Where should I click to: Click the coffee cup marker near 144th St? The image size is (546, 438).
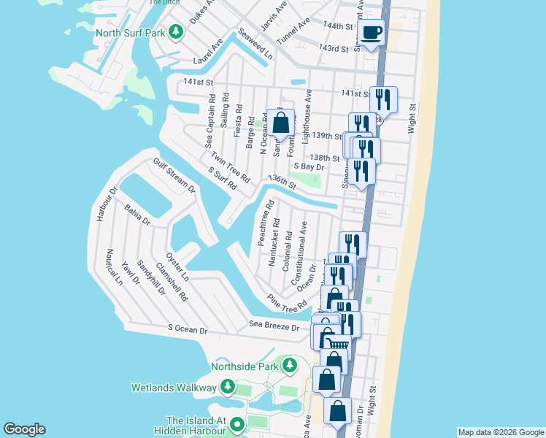pos(372,34)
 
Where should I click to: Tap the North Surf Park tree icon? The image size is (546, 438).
pos(176,32)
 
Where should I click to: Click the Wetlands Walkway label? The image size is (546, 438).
pos(174,386)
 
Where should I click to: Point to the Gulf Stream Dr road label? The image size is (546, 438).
pos(174,175)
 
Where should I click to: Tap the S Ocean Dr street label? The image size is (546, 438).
pos(188,330)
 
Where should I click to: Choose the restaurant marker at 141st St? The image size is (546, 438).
pos(383,99)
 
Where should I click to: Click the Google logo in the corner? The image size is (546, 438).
pos(24,429)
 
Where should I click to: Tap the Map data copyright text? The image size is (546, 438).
pos(500,432)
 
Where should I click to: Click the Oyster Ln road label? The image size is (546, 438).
pos(177,267)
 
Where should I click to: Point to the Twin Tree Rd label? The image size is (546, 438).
pos(230,167)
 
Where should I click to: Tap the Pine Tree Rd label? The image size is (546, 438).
pos(287,303)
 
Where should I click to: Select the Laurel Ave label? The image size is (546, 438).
pos(208,52)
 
